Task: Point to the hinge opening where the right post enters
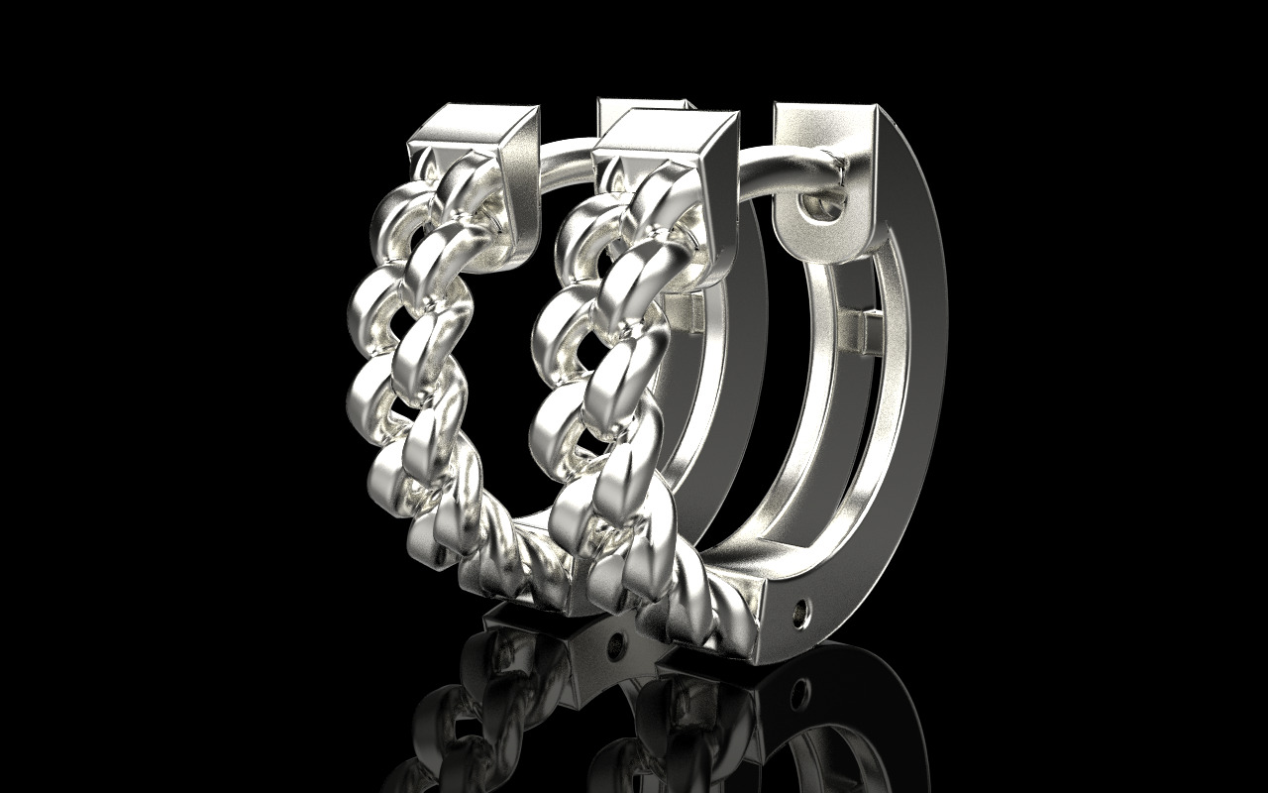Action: (821, 207)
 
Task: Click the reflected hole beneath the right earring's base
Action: (798, 686)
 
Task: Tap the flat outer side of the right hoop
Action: (916, 396)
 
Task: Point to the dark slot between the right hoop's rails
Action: (842, 446)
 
